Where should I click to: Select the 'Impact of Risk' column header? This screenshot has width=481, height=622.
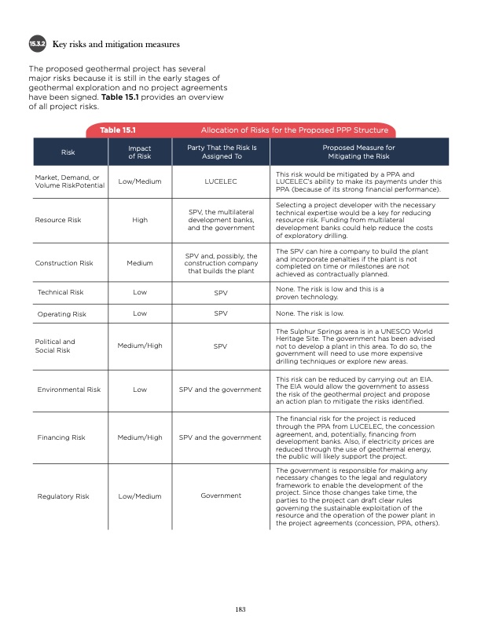pos(139,152)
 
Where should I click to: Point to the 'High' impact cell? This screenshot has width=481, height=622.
pos(140,220)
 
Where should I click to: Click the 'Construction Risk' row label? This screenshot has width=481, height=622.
pos(64,263)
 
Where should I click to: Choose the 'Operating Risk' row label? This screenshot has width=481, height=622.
pos(61,314)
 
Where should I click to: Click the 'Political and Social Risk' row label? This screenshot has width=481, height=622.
pos(55,346)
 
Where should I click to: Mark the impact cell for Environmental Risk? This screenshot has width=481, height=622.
pos(140,390)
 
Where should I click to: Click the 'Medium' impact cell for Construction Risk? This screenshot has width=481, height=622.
pos(140,263)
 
